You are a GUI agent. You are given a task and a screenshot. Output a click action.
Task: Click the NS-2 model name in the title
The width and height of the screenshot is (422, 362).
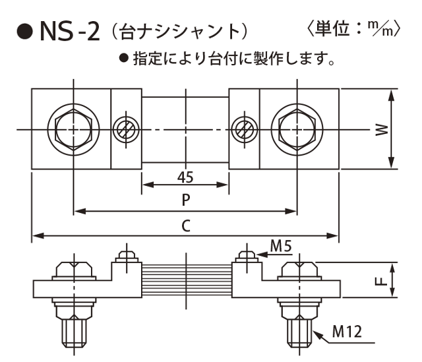(x=69, y=31)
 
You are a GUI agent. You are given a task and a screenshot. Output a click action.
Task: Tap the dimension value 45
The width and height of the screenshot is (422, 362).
(x=185, y=176)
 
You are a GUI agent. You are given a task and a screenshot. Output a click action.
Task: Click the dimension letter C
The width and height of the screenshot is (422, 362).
(x=185, y=225)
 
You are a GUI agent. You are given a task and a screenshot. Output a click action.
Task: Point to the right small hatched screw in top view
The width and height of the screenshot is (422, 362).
(x=243, y=128)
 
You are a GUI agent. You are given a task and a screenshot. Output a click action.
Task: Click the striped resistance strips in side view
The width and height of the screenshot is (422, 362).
(x=186, y=271)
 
